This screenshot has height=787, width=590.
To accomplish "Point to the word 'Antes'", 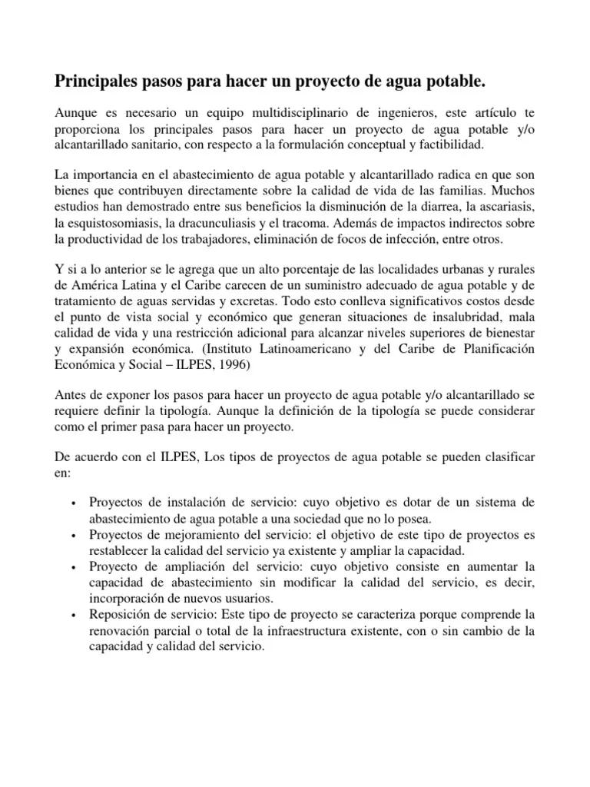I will pyautogui.click(x=70, y=395).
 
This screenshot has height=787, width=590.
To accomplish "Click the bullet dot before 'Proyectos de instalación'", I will pyautogui.click(x=72, y=503).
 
